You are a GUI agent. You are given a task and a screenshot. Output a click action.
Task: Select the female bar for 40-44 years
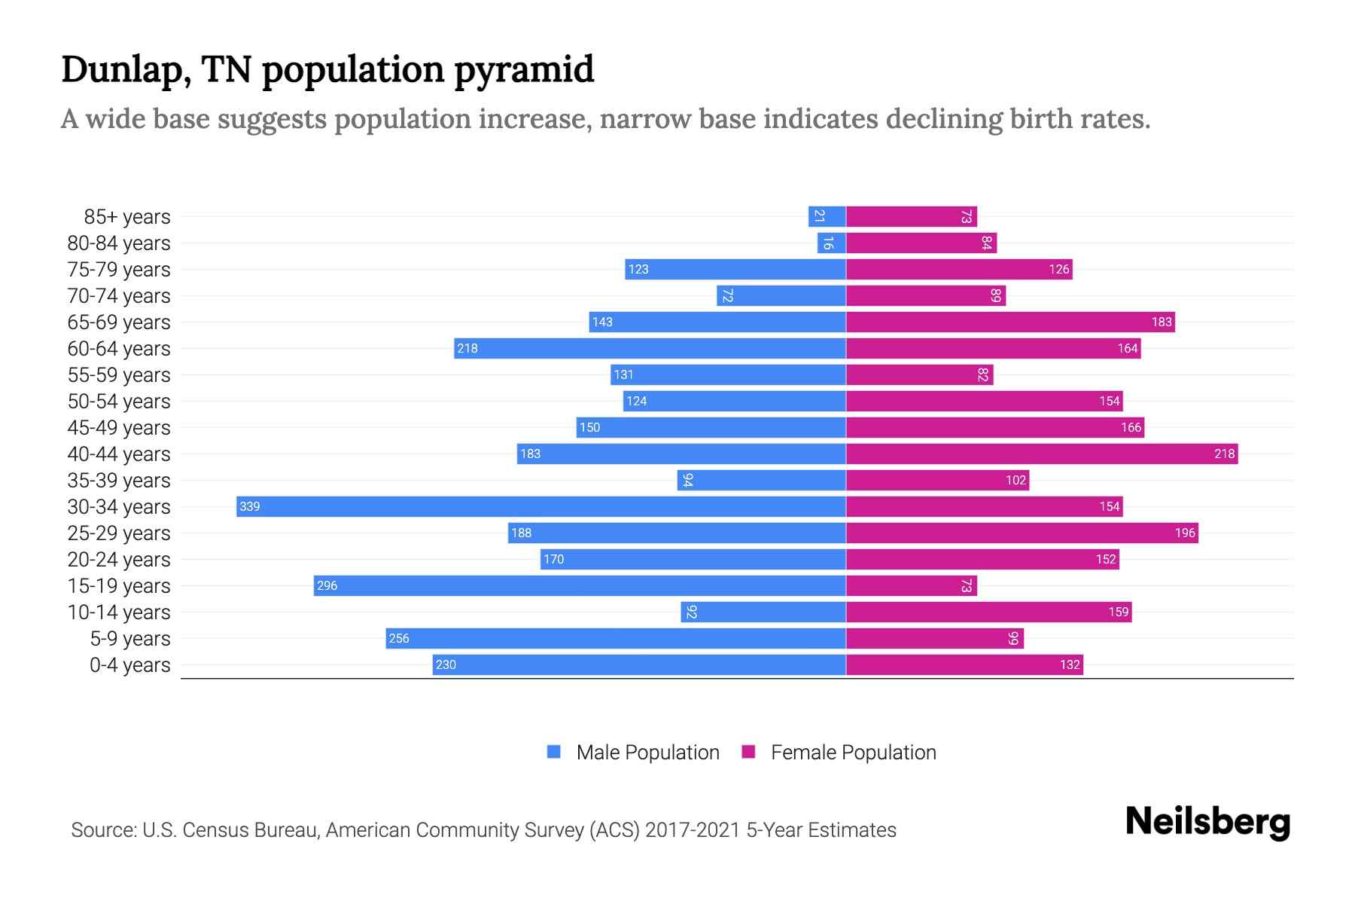[1041, 454]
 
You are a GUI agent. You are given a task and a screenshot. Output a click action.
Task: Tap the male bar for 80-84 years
[831, 243]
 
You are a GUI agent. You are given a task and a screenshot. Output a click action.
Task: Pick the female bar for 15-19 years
[911, 585]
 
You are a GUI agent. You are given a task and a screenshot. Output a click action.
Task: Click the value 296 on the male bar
[327, 585]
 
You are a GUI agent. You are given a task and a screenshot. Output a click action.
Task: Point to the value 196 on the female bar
[1184, 533]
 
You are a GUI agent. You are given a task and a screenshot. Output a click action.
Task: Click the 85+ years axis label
[126, 217]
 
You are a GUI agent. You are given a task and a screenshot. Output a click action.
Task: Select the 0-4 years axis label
[129, 665]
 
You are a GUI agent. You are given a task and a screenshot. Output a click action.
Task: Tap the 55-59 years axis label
[119, 375]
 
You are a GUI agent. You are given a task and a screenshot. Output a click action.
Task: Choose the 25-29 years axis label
[119, 533]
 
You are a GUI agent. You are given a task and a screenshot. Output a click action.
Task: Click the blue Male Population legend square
[554, 752]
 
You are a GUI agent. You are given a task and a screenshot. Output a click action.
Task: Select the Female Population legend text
[853, 753]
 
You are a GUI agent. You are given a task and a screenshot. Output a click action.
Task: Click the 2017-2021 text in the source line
[693, 830]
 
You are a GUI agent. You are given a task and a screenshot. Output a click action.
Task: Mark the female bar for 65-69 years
[1010, 322]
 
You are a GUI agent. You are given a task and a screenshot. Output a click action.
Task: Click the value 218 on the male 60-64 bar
[467, 348]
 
